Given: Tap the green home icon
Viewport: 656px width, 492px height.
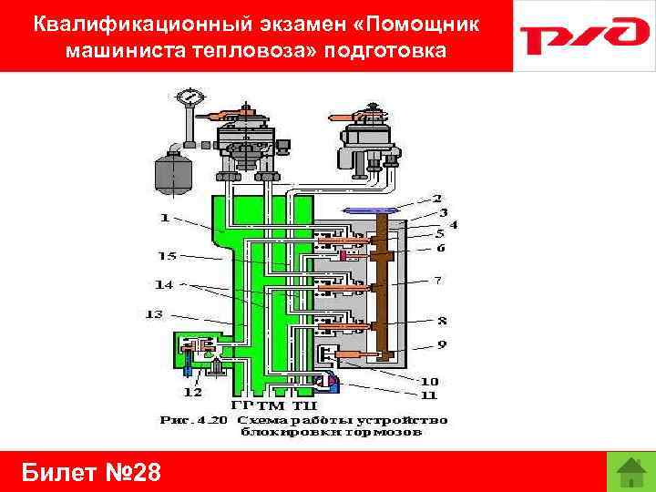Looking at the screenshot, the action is [630, 472].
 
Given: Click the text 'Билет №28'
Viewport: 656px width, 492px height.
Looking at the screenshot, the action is [91, 473].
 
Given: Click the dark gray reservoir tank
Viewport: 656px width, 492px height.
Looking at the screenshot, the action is [169, 171].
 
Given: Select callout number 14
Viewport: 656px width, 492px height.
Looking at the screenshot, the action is [164, 285].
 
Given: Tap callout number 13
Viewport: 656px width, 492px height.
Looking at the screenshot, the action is [153, 314].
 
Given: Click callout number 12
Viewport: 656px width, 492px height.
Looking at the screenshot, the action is [191, 392].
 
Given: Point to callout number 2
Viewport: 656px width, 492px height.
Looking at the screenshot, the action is [437, 198].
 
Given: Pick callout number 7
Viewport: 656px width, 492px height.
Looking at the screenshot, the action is [438, 281].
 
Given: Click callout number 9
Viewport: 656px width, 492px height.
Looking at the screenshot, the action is [440, 344].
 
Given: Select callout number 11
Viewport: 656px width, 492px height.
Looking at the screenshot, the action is [428, 395].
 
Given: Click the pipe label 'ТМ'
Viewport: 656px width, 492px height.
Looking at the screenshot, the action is [272, 404].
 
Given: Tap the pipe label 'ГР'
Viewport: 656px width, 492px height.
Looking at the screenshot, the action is [243, 404].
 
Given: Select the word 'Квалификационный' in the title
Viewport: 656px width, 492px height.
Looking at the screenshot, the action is [128, 24].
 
